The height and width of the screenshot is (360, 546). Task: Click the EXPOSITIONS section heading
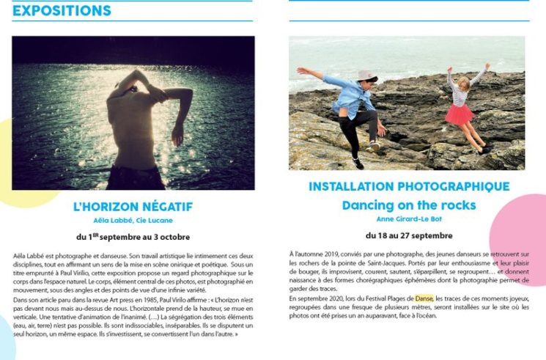point(62,11)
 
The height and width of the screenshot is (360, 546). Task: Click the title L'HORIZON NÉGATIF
point(133,207)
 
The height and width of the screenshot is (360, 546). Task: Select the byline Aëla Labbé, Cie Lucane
point(133,221)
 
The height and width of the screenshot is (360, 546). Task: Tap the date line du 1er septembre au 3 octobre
point(133,237)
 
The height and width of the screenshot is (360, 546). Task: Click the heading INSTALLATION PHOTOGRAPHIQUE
point(409,187)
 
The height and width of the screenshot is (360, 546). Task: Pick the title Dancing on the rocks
point(409,205)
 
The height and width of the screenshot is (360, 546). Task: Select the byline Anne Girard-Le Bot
point(409,218)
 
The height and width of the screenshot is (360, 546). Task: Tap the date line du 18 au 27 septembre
point(409,235)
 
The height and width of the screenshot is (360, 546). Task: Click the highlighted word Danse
point(424,298)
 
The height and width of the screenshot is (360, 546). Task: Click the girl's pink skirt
point(460,114)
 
